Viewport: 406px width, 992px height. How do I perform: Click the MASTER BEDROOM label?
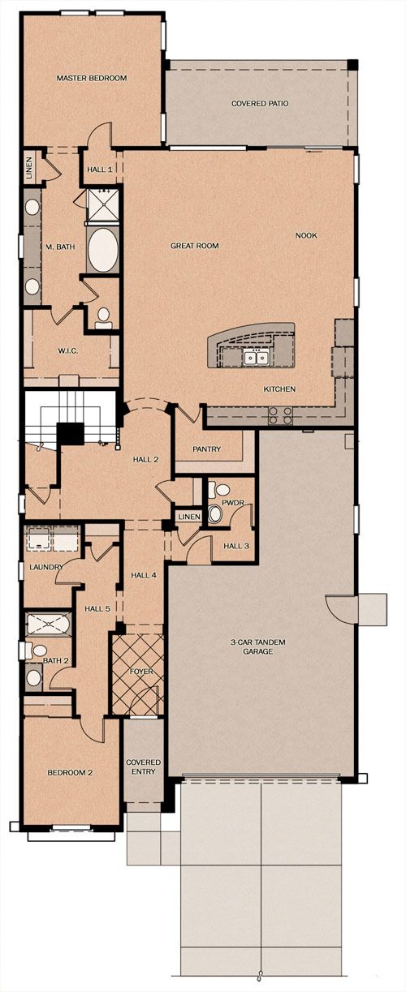(x=91, y=78)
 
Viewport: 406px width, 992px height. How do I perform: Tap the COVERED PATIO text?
(x=260, y=103)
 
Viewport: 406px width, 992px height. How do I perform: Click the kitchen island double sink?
(x=257, y=357)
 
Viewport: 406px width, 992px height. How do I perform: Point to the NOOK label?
(x=306, y=235)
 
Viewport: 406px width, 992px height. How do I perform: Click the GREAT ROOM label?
(x=195, y=245)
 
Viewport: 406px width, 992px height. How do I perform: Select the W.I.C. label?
(x=68, y=350)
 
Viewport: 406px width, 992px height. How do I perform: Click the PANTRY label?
(x=206, y=449)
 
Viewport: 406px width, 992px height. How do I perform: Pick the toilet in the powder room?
(x=221, y=489)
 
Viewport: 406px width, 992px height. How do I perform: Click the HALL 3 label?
(x=236, y=546)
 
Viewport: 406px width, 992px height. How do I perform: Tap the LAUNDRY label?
(x=46, y=567)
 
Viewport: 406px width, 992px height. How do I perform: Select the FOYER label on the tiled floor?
(x=141, y=672)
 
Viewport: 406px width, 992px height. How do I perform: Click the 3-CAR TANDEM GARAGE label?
(x=258, y=646)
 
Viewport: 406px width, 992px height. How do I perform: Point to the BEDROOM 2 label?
(x=70, y=773)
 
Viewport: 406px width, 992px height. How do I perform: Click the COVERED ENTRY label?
(x=143, y=767)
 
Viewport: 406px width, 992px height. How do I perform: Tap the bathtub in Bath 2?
(x=48, y=625)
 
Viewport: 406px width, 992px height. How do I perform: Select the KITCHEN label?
(x=279, y=389)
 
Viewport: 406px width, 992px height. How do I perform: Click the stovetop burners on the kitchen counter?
(x=281, y=415)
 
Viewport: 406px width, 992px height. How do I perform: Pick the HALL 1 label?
(x=99, y=170)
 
